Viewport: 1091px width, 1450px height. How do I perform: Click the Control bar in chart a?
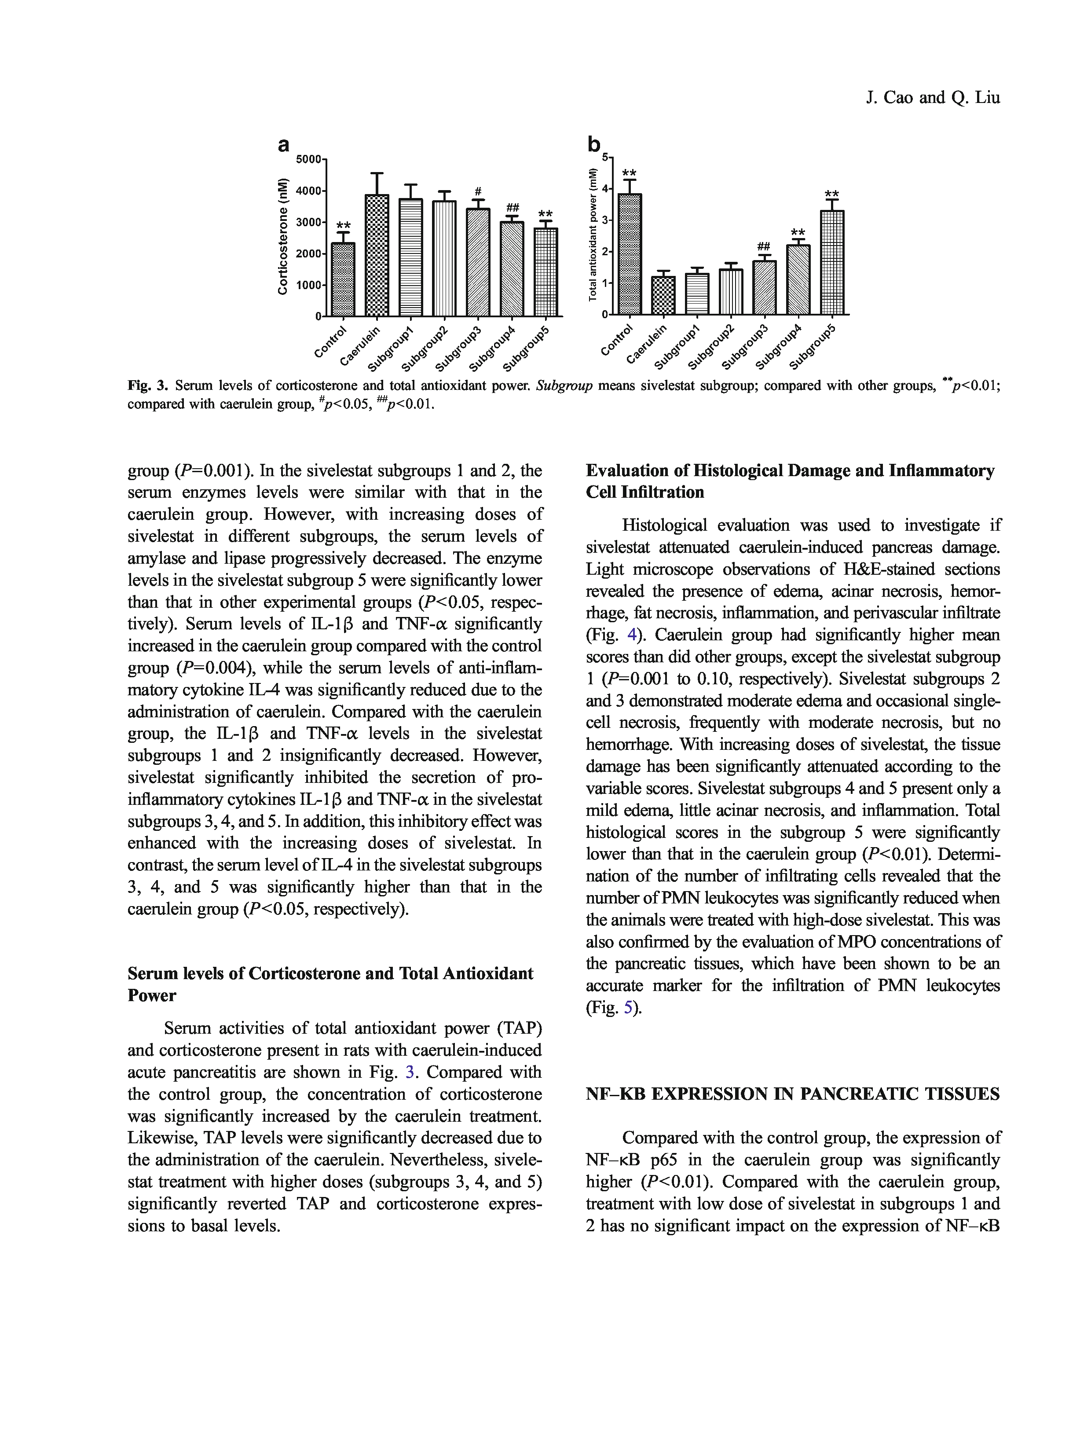click(343, 279)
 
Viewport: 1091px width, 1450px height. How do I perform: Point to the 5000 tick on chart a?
click(309, 159)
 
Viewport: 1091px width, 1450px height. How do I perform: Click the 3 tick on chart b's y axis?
click(605, 220)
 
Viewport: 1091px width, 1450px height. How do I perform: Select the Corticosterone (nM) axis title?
click(282, 236)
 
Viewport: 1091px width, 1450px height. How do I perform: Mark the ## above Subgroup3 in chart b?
click(763, 246)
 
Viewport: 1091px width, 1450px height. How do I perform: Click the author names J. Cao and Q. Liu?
click(933, 98)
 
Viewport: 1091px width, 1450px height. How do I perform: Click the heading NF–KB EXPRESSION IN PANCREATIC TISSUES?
click(793, 1094)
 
